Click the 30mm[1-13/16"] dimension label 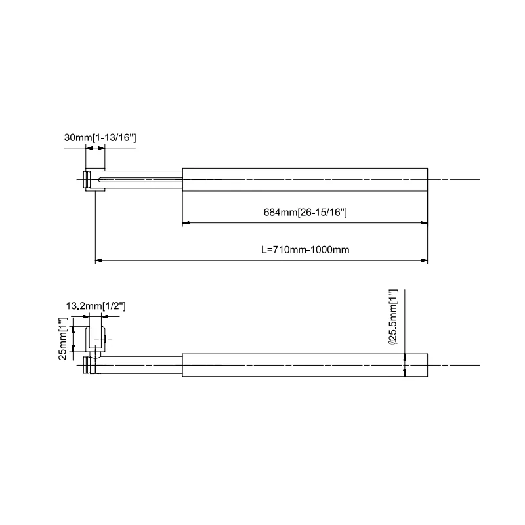100,138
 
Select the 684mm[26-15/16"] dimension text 305,213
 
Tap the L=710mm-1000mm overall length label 304,250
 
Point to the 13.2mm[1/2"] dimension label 96,306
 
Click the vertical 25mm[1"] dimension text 63,337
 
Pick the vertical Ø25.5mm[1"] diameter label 392,317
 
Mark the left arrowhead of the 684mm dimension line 186,223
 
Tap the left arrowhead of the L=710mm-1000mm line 99,261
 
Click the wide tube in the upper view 304,179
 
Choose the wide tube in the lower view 304,365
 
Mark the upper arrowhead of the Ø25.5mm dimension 406,358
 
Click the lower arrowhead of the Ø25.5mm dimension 406,371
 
